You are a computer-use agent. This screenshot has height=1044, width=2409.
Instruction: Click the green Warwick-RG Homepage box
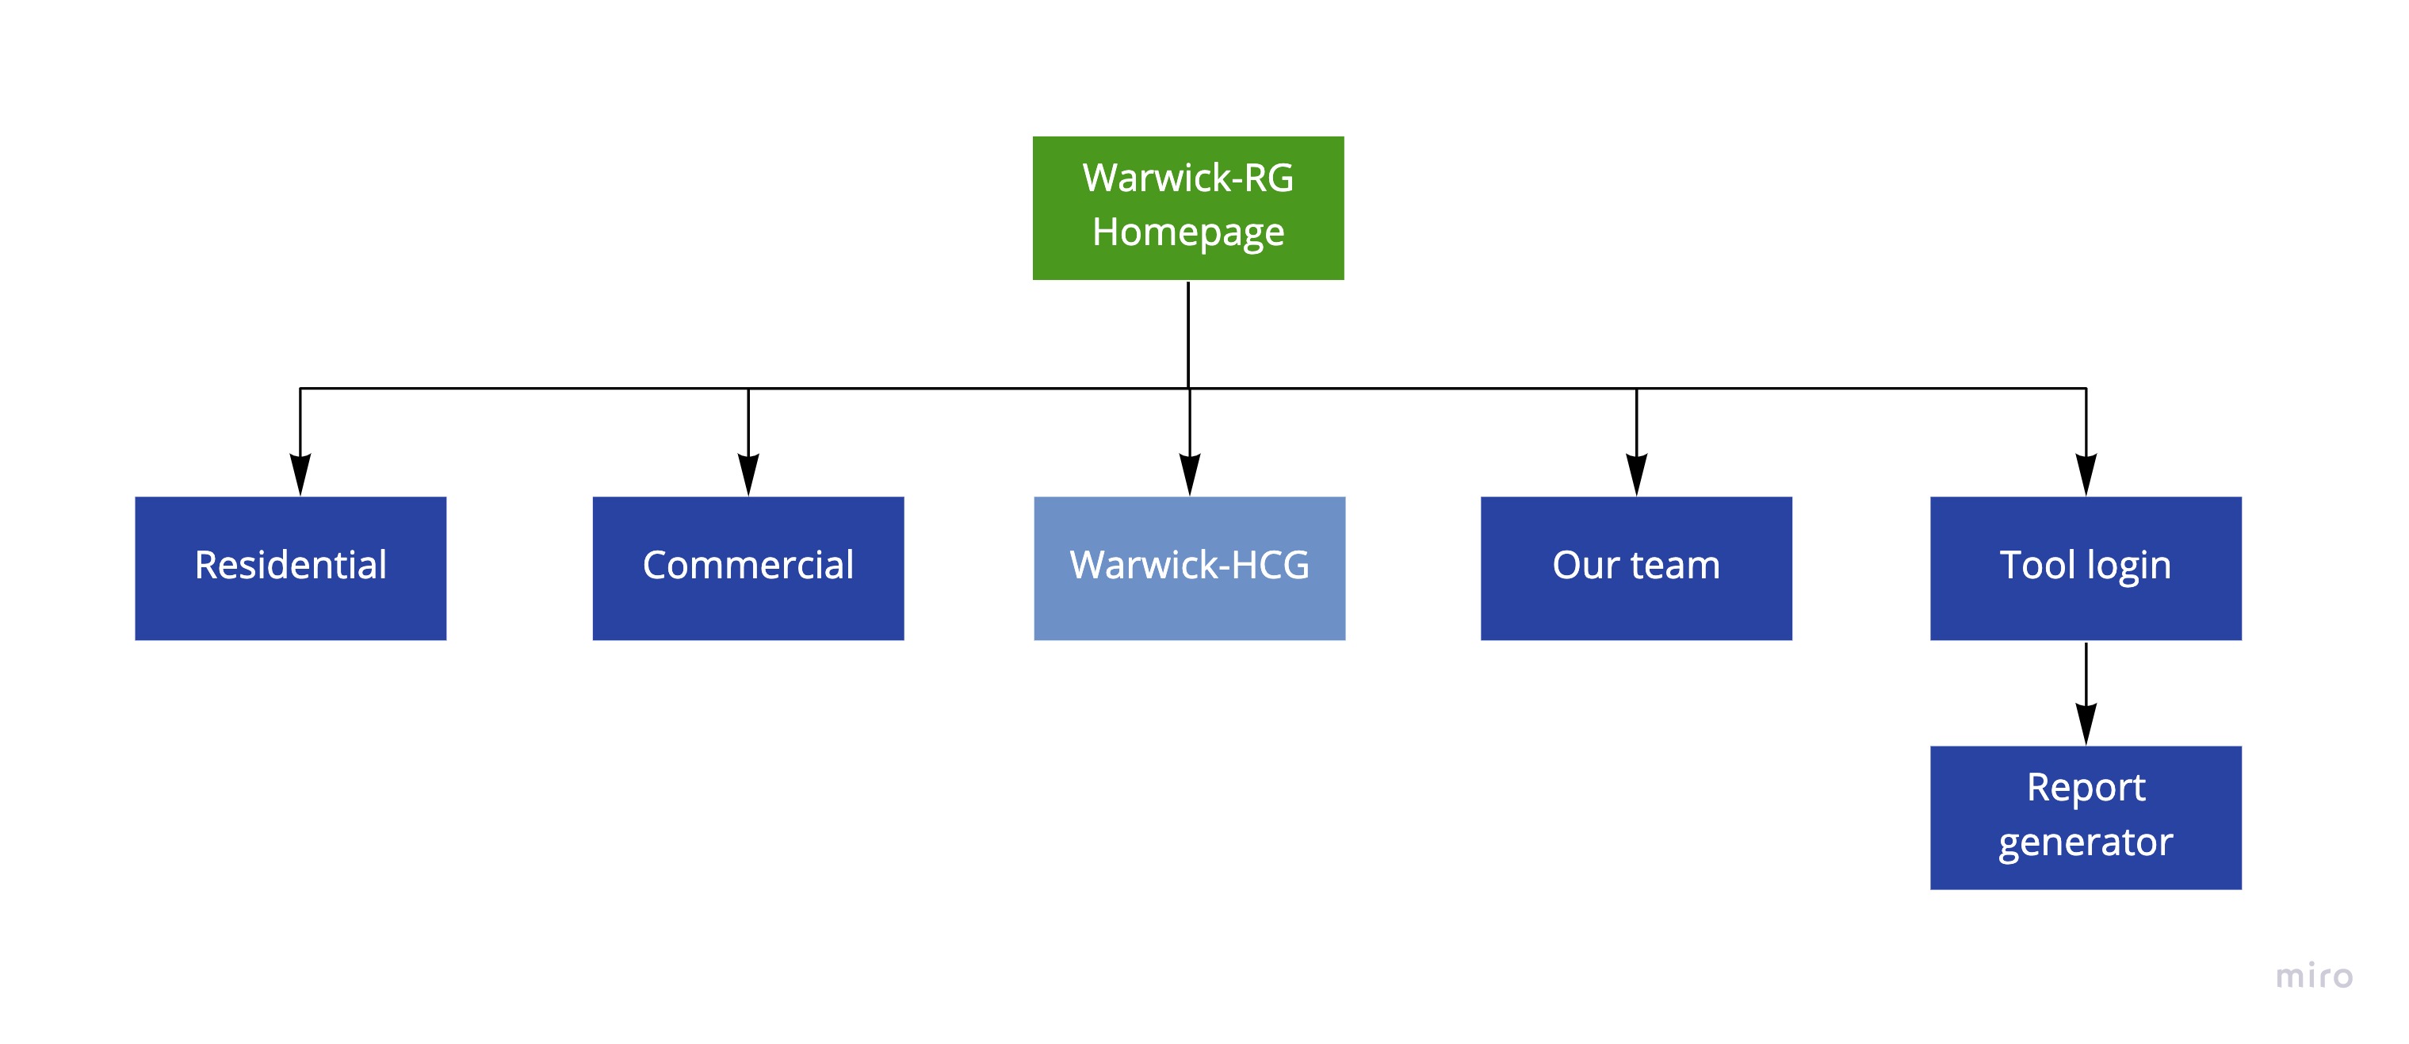[x=1187, y=208]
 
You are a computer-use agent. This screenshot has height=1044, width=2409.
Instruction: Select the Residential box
[x=290, y=568]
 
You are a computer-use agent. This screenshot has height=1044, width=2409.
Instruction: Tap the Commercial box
[x=748, y=568]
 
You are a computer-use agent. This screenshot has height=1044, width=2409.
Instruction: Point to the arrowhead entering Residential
[x=300, y=474]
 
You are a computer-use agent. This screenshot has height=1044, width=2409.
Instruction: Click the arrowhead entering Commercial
[x=748, y=474]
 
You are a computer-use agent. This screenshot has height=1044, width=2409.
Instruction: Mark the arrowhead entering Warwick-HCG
[x=1190, y=474]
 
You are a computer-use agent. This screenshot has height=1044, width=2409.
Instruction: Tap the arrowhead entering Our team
[x=1637, y=474]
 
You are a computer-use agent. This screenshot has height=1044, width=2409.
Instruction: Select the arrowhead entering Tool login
[x=2086, y=474]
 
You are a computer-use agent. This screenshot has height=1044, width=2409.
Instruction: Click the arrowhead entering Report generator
[x=2086, y=724]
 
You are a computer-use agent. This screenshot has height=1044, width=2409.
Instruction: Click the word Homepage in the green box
[x=1187, y=232]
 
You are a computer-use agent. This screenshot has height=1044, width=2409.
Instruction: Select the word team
[x=1675, y=565]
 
